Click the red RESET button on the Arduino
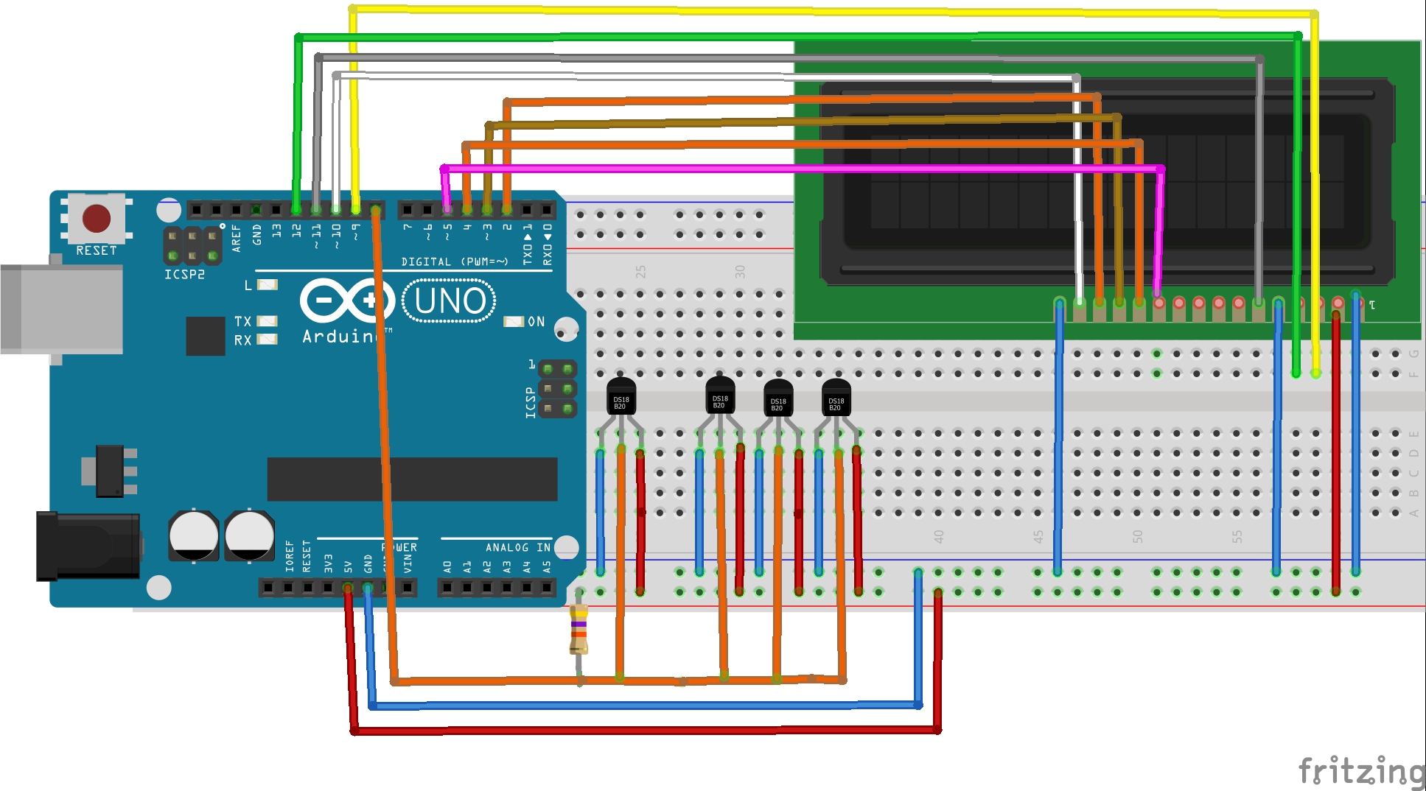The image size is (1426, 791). [x=97, y=219]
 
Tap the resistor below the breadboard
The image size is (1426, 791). [x=579, y=629]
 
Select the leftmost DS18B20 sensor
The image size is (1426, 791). [x=621, y=398]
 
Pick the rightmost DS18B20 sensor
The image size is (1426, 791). [x=836, y=399]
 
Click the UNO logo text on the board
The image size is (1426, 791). [x=450, y=301]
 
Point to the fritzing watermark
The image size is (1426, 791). [x=1360, y=771]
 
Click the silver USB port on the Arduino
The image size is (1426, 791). [x=62, y=309]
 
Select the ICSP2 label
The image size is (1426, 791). [x=184, y=274]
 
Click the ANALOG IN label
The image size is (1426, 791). [x=517, y=547]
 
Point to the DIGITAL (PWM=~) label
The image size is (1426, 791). [x=455, y=261]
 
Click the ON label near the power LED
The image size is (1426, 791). [x=536, y=322]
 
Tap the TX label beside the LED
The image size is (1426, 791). [x=242, y=321]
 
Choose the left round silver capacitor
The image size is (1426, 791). [x=194, y=535]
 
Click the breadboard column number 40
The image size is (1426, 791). [x=938, y=536]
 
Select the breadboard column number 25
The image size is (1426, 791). [x=640, y=272]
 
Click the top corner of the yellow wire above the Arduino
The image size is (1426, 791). [x=353, y=10]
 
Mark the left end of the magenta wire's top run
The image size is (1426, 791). [x=444, y=169]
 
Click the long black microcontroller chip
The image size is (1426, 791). [x=412, y=479]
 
